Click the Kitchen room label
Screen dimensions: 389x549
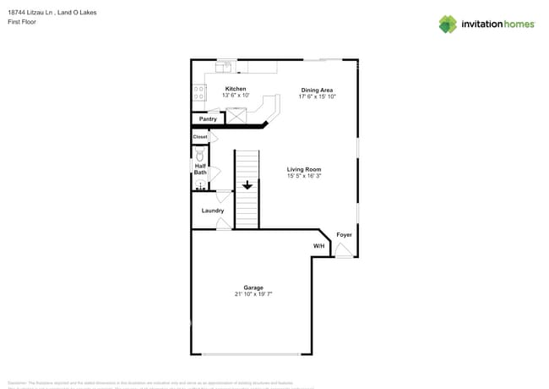(236, 89)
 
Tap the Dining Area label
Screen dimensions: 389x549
(317, 90)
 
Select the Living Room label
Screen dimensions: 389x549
(304, 169)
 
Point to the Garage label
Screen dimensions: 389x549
(253, 288)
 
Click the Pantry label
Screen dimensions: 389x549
(208, 119)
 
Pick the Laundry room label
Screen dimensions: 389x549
(212, 211)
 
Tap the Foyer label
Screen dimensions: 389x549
(344, 234)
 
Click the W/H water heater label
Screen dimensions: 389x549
(318, 246)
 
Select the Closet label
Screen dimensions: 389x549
(200, 137)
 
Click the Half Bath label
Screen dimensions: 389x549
(200, 169)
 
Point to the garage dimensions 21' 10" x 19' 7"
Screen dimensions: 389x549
(253, 294)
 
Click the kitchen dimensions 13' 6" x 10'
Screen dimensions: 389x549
(236, 96)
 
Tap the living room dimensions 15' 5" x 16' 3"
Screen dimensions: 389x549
(304, 176)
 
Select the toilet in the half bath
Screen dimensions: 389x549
(200, 156)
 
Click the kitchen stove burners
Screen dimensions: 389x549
(199, 93)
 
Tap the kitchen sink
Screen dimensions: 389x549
(226, 65)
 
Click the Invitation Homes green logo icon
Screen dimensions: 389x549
(448, 24)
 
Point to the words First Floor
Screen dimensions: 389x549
(22, 22)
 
